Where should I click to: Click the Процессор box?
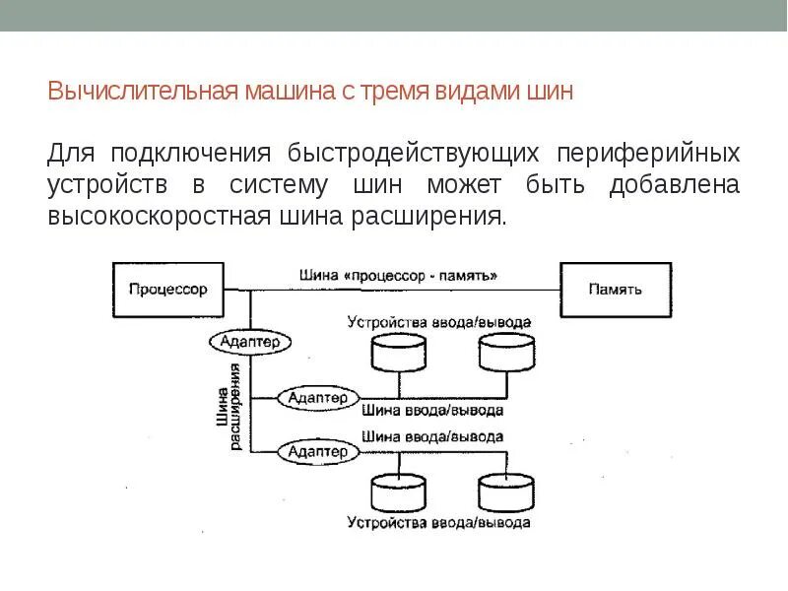(x=167, y=290)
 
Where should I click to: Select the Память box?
(x=615, y=290)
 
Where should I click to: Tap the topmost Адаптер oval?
(x=250, y=341)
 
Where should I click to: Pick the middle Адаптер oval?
(x=317, y=398)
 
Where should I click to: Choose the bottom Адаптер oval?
(x=317, y=451)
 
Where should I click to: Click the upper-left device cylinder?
(x=398, y=353)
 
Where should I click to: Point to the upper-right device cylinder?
(x=506, y=353)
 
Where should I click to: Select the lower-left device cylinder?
(x=398, y=492)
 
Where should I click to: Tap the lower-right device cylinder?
(x=506, y=492)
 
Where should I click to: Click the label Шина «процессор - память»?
(x=398, y=276)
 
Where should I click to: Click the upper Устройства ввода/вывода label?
(x=439, y=322)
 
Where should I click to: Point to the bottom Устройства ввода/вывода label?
(x=439, y=522)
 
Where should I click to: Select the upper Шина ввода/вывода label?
(x=433, y=410)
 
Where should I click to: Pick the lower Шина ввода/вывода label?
(x=433, y=436)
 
